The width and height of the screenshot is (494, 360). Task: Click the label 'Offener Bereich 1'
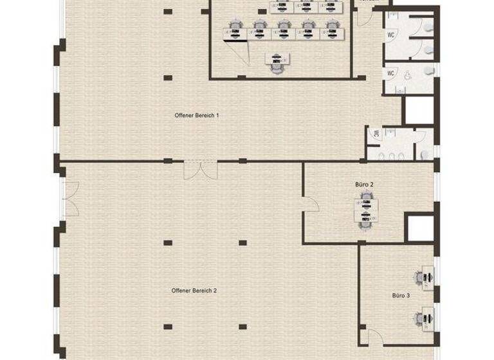[x=197, y=116]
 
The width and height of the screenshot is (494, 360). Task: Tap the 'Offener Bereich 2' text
[x=194, y=291]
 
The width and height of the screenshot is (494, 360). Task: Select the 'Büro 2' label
[x=364, y=184]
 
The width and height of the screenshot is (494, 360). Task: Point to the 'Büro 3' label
[x=401, y=296]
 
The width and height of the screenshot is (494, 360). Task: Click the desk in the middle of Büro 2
[x=365, y=211]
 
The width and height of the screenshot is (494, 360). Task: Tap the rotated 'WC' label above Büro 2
[x=374, y=134]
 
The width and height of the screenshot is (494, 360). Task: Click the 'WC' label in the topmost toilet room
[x=391, y=36]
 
